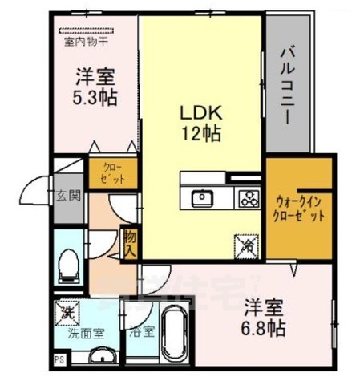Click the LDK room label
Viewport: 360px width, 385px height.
200,112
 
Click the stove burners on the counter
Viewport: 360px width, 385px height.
246,197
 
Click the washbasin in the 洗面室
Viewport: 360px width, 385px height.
99,358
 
